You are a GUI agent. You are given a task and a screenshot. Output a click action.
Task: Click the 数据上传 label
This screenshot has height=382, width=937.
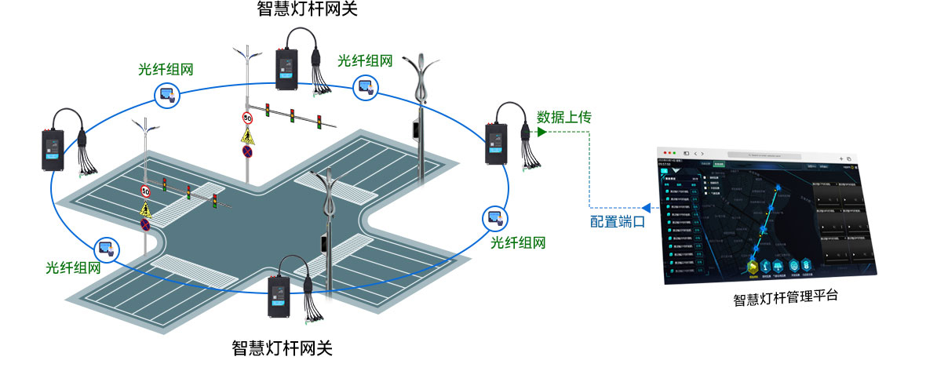point(563,117)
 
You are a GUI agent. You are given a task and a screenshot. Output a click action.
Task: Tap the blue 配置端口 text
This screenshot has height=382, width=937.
point(618,222)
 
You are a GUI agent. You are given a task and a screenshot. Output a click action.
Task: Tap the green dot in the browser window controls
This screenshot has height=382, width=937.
point(674,151)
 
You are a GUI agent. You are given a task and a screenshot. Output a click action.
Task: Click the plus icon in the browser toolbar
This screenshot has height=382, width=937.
point(840,158)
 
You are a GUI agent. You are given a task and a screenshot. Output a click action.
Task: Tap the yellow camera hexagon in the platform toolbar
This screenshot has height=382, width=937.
point(752,266)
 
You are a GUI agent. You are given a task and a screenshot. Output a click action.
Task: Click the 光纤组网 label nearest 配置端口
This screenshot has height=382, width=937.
point(517,242)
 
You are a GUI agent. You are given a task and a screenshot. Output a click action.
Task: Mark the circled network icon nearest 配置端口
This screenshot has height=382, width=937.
point(494,216)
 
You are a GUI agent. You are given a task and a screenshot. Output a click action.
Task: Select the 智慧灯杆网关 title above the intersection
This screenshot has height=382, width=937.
point(301,9)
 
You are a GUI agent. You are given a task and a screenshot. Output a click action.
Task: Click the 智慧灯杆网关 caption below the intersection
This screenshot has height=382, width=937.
point(283,347)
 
